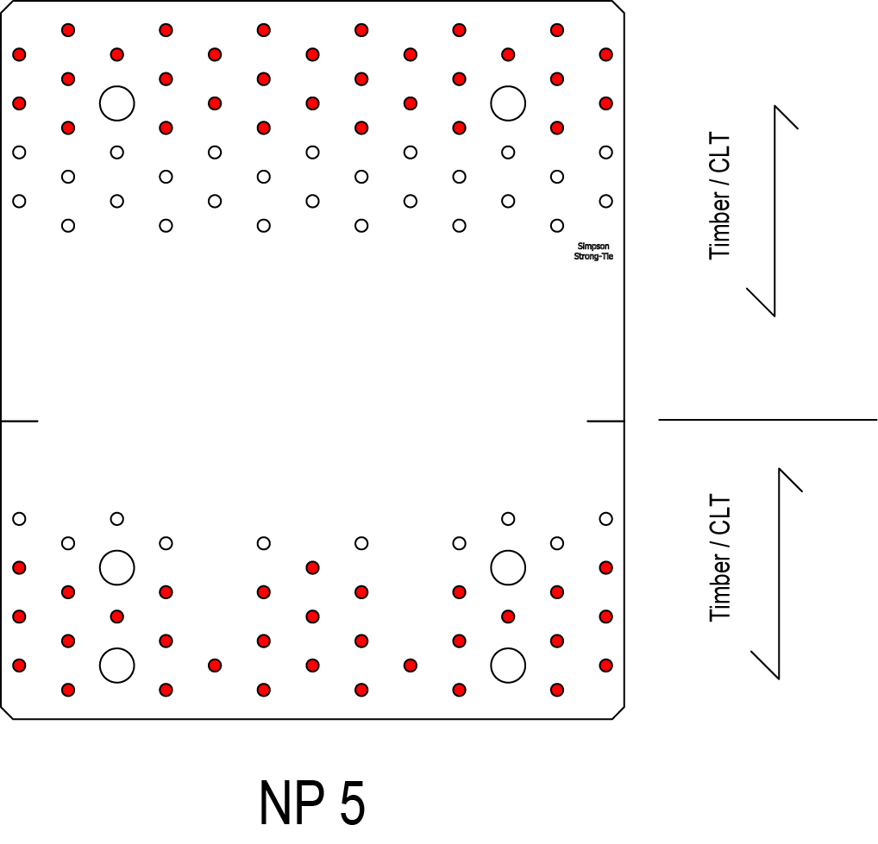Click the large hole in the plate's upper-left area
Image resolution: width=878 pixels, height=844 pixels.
click(x=116, y=103)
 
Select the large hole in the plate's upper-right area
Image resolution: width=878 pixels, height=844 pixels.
click(x=508, y=103)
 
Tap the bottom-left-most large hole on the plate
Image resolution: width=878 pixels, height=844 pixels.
click(x=116, y=665)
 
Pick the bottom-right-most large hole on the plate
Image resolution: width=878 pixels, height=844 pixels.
click(x=508, y=665)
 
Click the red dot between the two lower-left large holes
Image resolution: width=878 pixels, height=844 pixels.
click(x=116, y=616)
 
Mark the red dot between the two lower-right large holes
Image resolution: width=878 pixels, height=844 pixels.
click(x=508, y=616)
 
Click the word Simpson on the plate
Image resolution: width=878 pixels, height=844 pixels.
click(x=593, y=247)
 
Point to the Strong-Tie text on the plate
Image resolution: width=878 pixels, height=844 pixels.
click(x=593, y=256)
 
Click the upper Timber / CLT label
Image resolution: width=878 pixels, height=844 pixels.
click(x=719, y=197)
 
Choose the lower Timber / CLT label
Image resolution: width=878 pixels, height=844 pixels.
click(x=719, y=559)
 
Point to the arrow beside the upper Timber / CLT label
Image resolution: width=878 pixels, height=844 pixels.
click(x=775, y=210)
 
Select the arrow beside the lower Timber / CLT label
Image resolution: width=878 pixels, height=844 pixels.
click(x=779, y=572)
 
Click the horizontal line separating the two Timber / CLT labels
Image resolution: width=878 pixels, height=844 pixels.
click(x=768, y=420)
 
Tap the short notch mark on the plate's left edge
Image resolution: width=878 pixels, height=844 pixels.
click(x=19, y=421)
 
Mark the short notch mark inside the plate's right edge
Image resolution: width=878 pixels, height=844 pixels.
click(x=605, y=421)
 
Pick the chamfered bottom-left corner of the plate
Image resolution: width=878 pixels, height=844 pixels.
click(x=6, y=711)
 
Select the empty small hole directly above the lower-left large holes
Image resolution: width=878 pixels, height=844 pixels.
click(x=116, y=518)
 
